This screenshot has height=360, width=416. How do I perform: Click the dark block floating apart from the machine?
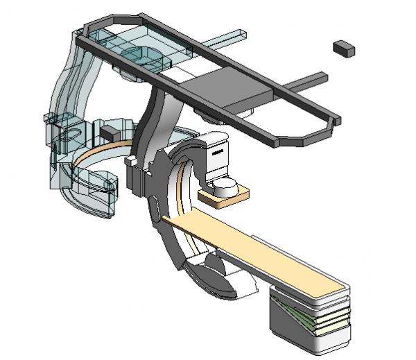[x=343, y=48]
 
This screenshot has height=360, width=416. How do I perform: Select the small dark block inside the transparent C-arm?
[x=110, y=131]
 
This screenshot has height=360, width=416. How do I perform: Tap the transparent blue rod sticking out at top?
[x=229, y=36]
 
